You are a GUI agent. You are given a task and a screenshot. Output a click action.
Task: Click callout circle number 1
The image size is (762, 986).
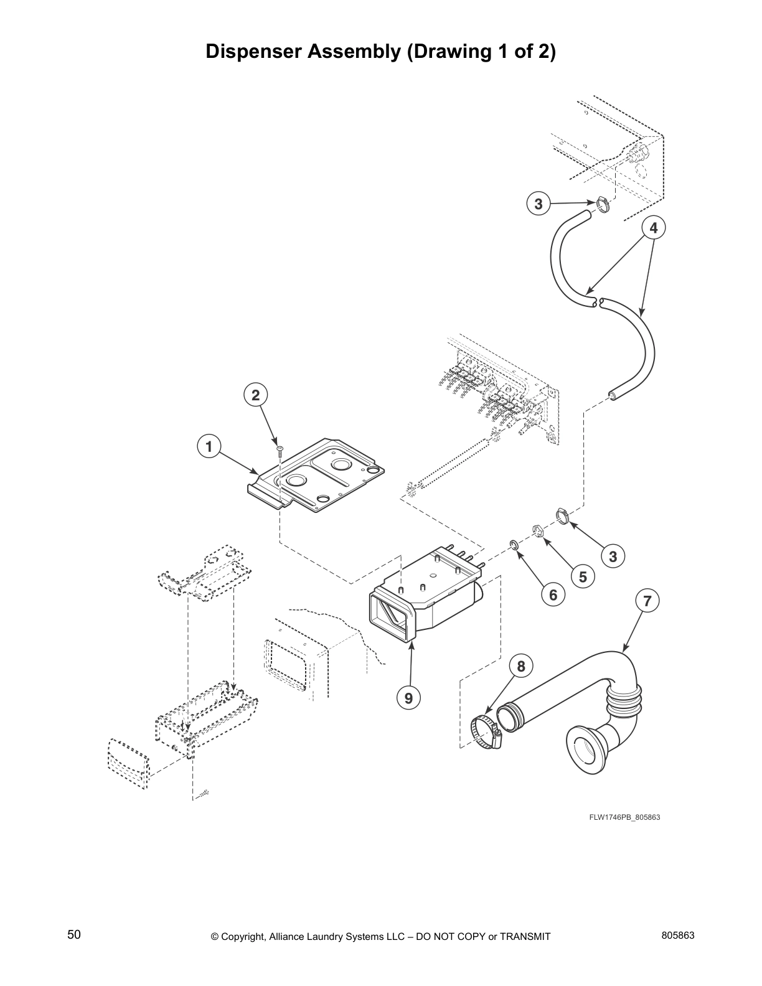(209, 446)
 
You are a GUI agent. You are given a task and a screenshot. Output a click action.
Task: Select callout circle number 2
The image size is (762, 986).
(255, 395)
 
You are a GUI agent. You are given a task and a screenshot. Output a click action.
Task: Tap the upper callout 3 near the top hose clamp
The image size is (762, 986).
(539, 204)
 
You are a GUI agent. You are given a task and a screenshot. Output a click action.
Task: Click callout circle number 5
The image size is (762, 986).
(582, 576)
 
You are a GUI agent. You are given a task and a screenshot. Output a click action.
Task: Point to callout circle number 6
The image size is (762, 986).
(553, 595)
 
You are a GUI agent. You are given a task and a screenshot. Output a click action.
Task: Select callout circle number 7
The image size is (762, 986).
(647, 601)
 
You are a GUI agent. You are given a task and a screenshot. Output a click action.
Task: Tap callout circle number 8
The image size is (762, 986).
(521, 667)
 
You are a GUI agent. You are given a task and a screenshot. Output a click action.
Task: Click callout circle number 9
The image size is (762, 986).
(408, 698)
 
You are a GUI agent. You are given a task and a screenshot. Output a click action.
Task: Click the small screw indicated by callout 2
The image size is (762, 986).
(280, 449)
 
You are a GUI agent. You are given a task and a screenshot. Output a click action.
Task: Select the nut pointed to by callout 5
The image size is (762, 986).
(538, 531)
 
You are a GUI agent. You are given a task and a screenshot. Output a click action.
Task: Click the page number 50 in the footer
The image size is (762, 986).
(74, 934)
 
